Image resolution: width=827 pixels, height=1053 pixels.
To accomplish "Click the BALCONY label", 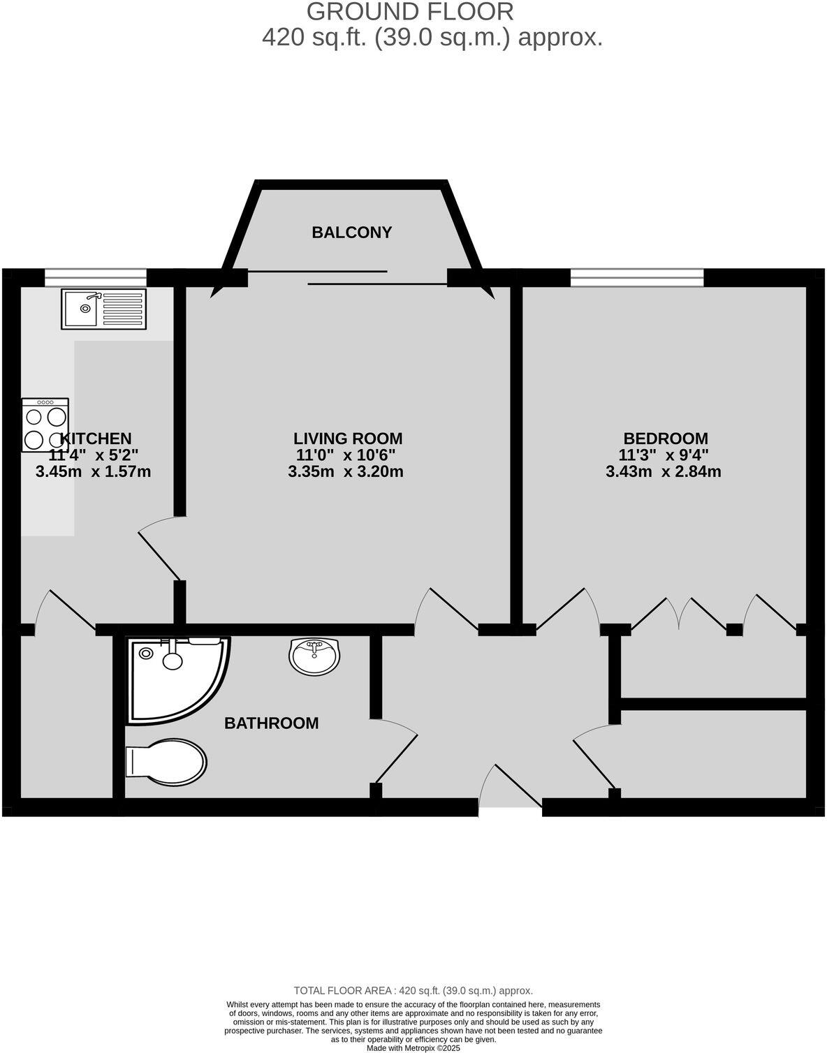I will point(351,233).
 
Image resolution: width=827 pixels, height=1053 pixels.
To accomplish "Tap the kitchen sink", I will point(103,308).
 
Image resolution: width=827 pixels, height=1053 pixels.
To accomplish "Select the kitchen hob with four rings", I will point(45,425).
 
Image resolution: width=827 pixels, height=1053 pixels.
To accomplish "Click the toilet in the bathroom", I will point(166,760).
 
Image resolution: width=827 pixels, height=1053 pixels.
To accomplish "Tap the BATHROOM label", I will point(271,723).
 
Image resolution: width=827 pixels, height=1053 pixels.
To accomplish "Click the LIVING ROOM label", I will point(348,439).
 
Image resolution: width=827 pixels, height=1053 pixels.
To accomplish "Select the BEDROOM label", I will point(665,439).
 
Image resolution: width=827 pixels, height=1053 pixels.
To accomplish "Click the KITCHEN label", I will point(96,439).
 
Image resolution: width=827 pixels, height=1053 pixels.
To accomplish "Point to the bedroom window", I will point(637,277).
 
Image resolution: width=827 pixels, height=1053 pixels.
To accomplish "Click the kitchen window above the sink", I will point(96,277).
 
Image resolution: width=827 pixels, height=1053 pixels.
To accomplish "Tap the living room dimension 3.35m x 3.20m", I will point(346,471).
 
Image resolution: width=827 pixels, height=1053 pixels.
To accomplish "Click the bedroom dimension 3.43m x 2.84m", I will point(664,471).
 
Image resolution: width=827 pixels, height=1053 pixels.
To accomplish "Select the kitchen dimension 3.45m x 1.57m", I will point(93,471).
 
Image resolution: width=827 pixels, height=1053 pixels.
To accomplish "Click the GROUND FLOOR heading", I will point(411,11).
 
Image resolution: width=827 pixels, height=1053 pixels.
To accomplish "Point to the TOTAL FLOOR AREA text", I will point(413,990).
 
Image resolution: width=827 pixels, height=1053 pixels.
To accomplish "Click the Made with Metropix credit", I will point(413,1047).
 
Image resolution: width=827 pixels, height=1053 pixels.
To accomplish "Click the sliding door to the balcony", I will point(347,277).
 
